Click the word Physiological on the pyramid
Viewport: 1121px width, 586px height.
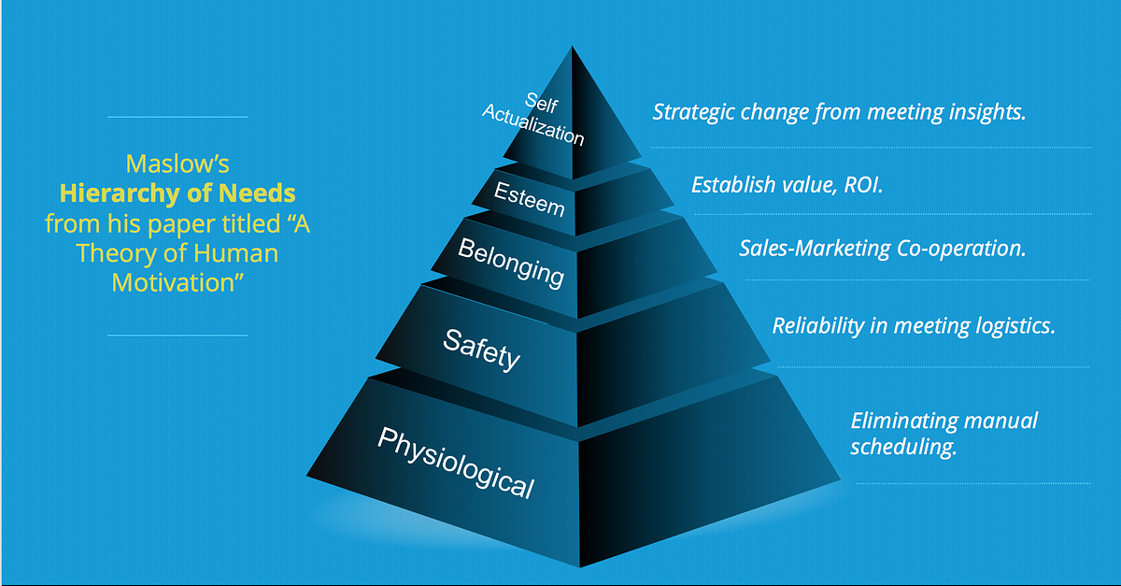456,463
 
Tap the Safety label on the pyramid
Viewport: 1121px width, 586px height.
481,350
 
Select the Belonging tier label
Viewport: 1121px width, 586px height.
511,263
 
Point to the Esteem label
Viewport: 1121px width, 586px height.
530,199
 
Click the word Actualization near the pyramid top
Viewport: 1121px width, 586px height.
533,124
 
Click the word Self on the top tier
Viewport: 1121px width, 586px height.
541,103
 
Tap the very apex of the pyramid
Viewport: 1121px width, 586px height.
572,47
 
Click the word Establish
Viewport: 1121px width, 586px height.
733,185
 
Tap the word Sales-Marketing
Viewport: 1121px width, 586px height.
816,249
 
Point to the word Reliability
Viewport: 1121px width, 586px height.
818,326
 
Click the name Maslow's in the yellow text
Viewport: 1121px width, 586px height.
177,164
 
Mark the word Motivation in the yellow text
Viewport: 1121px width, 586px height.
177,282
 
